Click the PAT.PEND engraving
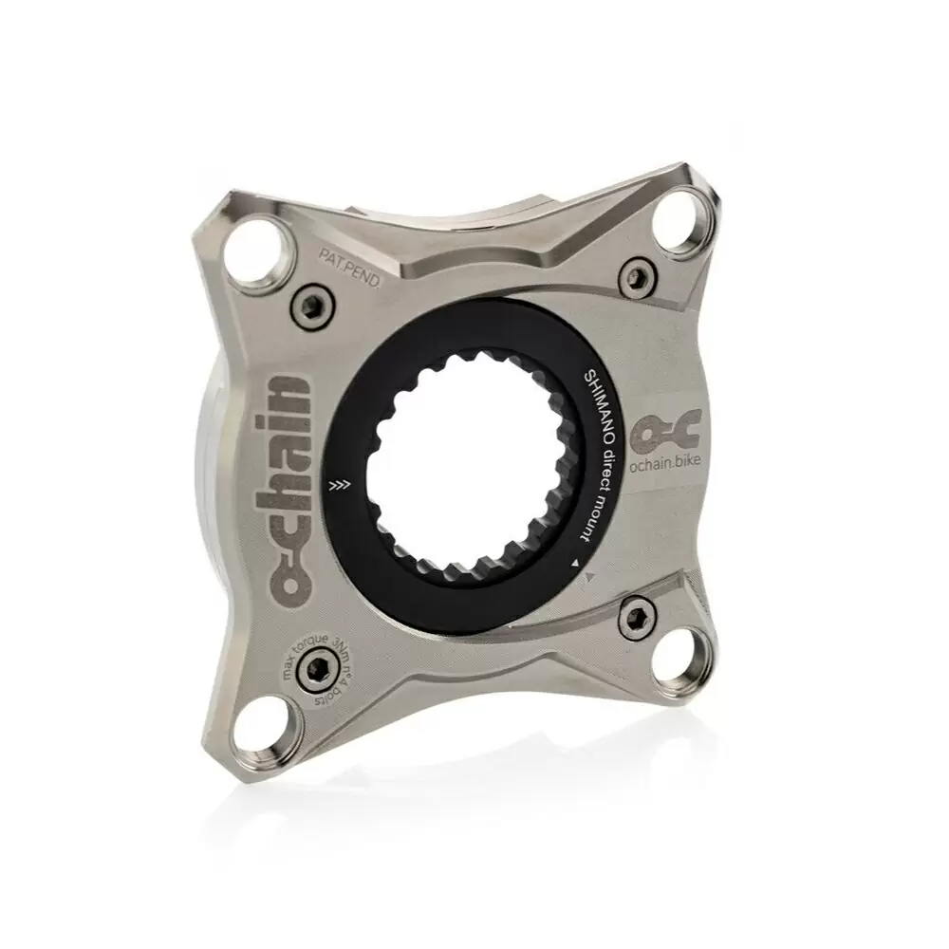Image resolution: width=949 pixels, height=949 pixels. coord(349,266)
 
